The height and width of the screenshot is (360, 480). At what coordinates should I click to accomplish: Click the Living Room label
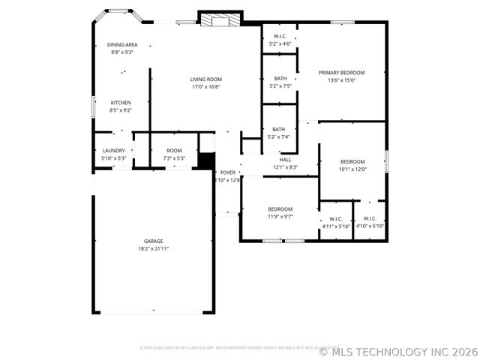[205, 79]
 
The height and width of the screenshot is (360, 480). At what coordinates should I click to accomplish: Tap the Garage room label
[154, 241]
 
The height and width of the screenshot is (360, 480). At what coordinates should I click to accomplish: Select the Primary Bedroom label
[341, 73]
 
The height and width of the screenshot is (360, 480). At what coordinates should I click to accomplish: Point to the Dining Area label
[122, 45]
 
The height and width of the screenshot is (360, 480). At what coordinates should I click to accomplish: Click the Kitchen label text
[121, 103]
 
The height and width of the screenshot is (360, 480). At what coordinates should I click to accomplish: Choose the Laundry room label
[114, 151]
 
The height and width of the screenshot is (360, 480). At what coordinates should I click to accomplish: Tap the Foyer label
[227, 172]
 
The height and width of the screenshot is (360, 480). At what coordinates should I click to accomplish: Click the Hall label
[285, 159]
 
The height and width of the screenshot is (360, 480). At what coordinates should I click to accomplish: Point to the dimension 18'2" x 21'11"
[154, 248]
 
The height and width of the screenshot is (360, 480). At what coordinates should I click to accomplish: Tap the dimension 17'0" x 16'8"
[205, 86]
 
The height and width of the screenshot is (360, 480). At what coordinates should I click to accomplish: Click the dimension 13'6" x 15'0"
[341, 80]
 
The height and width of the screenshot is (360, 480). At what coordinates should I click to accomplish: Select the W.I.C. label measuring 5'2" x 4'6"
[280, 36]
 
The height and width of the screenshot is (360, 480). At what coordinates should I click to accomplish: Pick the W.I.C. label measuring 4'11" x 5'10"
[336, 219]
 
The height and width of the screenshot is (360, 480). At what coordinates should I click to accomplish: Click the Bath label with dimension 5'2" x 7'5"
[280, 79]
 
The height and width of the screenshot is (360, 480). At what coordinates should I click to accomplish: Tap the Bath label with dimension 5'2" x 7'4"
[278, 129]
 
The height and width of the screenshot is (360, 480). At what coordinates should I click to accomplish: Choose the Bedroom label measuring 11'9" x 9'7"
[280, 208]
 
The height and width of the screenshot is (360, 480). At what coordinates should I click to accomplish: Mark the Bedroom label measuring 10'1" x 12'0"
[352, 162]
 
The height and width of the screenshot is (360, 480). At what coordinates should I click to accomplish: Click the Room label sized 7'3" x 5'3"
[174, 151]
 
